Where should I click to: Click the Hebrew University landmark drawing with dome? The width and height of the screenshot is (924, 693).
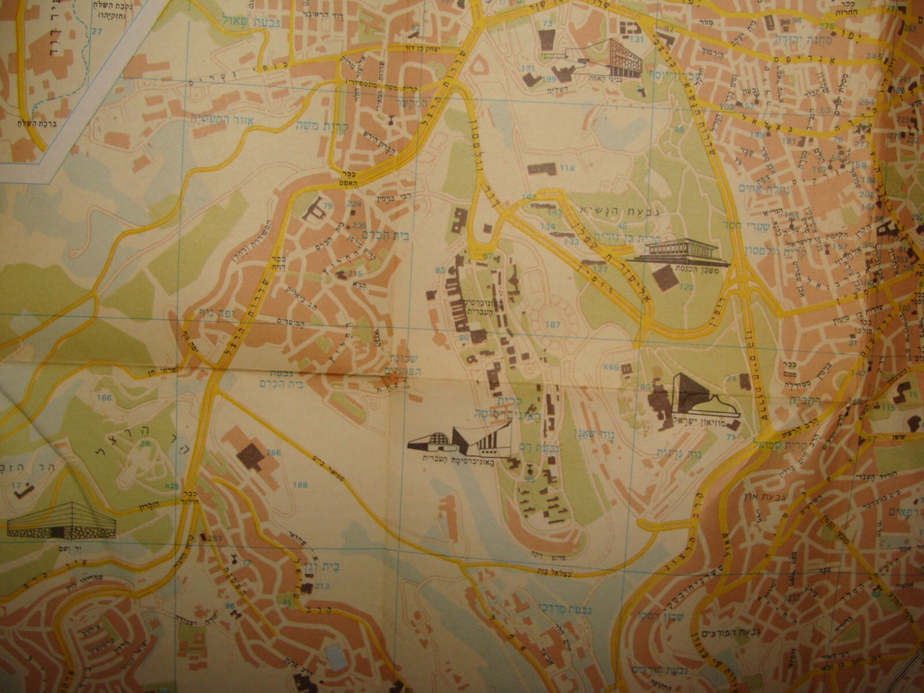(x=457, y=441)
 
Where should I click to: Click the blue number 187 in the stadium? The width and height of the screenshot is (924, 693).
(x=553, y=325)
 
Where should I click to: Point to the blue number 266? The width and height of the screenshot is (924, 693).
(x=273, y=453)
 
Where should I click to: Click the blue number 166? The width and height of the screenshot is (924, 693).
(x=104, y=398)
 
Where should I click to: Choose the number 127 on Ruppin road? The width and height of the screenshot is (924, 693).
(x=600, y=269)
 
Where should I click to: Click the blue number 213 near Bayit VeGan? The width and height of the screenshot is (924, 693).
(x=322, y=586)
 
